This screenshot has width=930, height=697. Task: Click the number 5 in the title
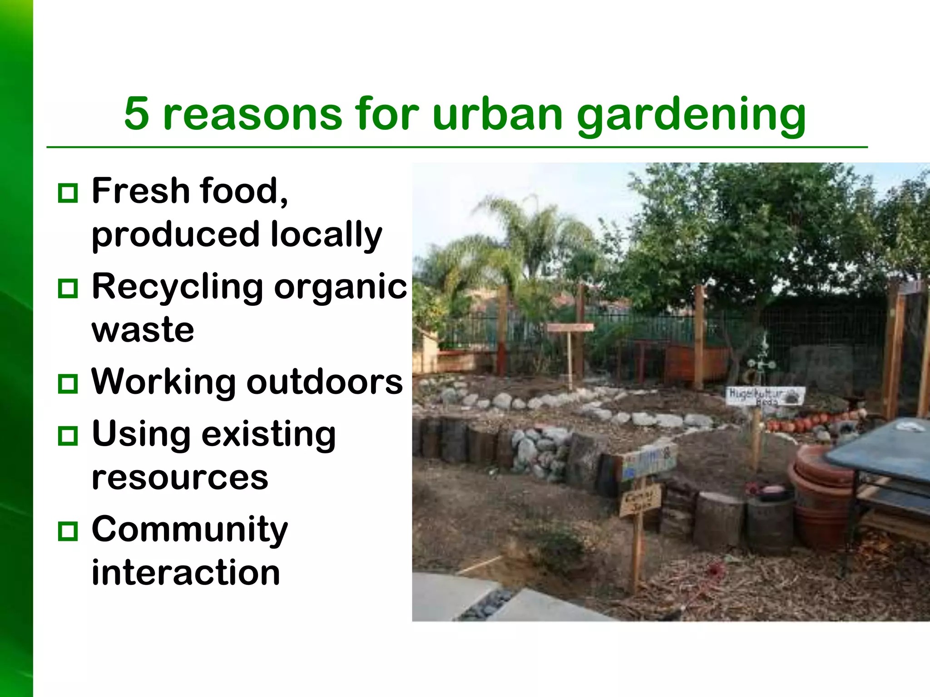click(x=137, y=113)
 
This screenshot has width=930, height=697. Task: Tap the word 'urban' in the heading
click(x=498, y=113)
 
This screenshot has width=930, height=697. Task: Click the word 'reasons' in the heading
click(x=252, y=114)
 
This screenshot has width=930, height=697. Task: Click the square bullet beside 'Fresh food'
click(x=68, y=193)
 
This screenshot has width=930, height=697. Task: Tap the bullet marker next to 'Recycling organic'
click(x=68, y=289)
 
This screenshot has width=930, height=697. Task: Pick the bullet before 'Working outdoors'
click(x=68, y=384)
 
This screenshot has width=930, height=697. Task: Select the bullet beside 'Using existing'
click(x=68, y=436)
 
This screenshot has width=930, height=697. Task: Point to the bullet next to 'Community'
click(x=68, y=531)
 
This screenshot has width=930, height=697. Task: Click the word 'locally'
click(x=326, y=235)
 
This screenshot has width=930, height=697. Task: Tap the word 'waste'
click(x=143, y=330)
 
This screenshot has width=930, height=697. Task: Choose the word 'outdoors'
click(x=324, y=382)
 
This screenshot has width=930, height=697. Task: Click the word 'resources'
click(x=180, y=478)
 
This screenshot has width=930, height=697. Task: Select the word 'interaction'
click(x=186, y=573)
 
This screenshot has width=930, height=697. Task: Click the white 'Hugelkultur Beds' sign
click(x=765, y=396)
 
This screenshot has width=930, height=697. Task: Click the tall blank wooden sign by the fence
click(x=570, y=328)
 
